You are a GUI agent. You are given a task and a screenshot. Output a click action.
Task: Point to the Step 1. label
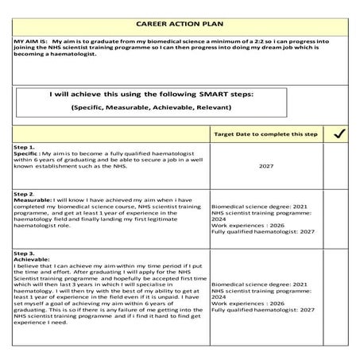(x=25, y=148)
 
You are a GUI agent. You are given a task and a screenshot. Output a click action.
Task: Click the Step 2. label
(x=25, y=194)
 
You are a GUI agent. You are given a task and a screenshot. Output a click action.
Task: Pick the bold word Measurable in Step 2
(x=34, y=201)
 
